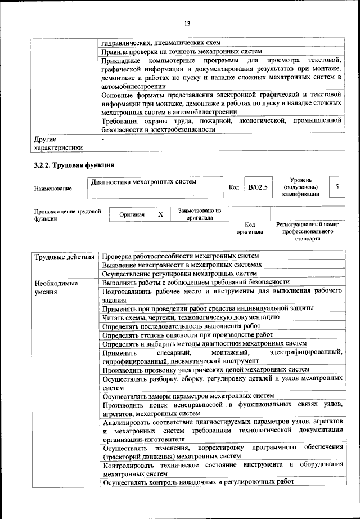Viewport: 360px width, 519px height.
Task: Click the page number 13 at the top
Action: (187, 23)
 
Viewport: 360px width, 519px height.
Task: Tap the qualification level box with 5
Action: (336, 186)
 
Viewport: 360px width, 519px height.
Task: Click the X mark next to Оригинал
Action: (160, 214)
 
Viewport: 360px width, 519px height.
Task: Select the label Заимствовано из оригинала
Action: (200, 214)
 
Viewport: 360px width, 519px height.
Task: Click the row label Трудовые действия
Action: (64, 257)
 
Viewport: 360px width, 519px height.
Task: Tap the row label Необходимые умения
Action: (56, 287)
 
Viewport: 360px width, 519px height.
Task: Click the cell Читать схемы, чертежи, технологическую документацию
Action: (195, 317)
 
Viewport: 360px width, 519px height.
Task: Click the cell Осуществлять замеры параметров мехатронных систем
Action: (188, 396)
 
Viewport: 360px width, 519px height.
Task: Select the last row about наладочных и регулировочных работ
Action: (198, 482)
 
